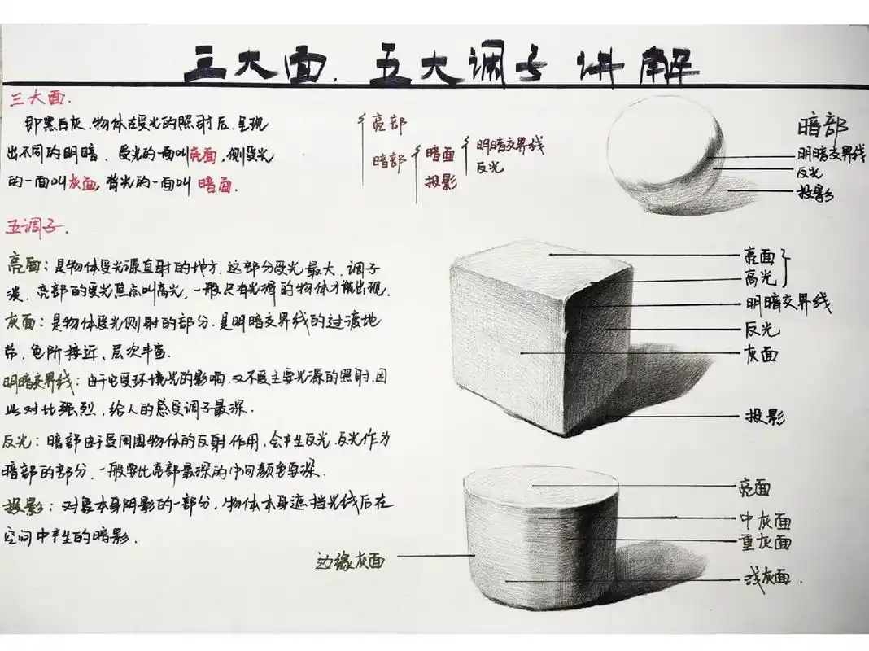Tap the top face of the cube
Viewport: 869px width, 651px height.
click(541, 259)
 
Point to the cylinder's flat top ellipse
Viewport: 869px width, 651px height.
click(542, 486)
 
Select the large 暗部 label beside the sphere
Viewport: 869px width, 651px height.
click(823, 128)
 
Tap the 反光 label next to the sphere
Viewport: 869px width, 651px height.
click(809, 173)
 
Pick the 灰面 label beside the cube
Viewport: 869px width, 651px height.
click(762, 354)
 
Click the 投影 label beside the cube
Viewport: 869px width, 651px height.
click(765, 417)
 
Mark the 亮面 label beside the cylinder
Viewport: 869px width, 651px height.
click(753, 487)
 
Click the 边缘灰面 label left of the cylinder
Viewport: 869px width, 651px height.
click(350, 560)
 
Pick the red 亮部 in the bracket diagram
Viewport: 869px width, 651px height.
click(389, 124)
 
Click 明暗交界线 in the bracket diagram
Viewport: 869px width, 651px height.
click(509, 146)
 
